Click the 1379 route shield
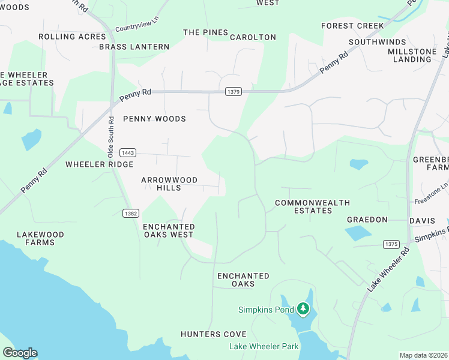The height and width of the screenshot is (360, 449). click(x=234, y=92)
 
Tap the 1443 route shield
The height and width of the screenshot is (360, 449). click(x=127, y=152)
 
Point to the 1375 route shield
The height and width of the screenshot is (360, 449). click(x=391, y=244)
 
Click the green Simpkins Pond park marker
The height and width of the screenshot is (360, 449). click(x=303, y=310)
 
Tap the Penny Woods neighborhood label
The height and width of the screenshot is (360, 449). click(x=154, y=119)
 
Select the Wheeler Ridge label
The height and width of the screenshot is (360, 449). click(x=99, y=164)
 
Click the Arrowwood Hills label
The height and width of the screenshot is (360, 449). click(x=161, y=184)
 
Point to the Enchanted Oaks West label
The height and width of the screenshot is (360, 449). click(x=169, y=230)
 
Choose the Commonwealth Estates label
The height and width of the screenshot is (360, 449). click(x=312, y=207)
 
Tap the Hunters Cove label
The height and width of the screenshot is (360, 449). click(x=214, y=334)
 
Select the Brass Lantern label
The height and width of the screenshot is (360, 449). click(x=134, y=46)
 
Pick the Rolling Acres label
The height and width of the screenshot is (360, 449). click(x=64, y=37)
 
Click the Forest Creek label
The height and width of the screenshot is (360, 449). click(x=352, y=26)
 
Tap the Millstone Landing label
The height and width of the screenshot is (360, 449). click(x=413, y=55)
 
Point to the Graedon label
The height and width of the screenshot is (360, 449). click(x=367, y=220)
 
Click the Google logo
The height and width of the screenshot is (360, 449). click(x=20, y=353)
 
